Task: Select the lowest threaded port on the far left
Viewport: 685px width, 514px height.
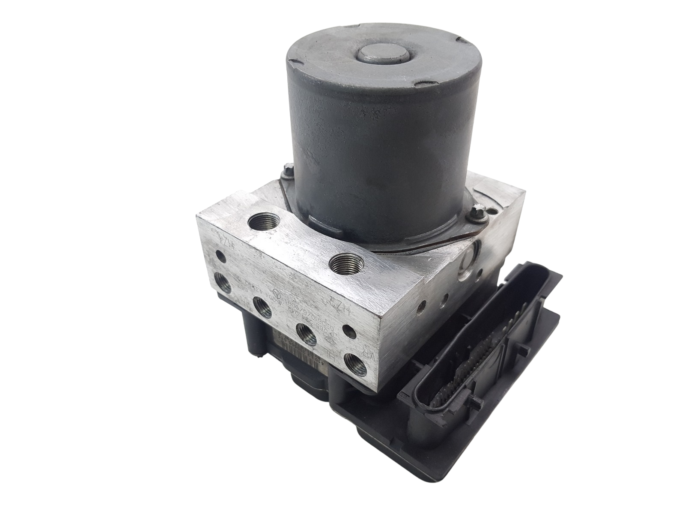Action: tap(223, 283)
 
